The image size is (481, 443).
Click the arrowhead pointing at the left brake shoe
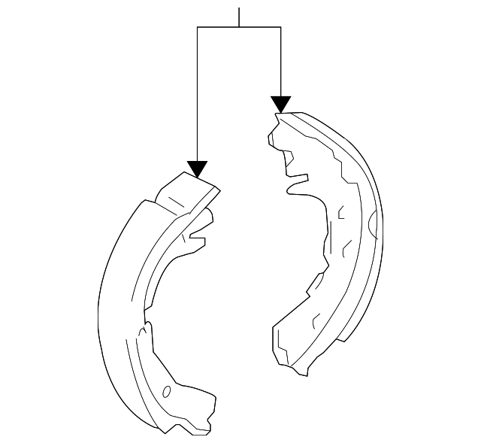point(197,169)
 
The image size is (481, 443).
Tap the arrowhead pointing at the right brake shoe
point(280,105)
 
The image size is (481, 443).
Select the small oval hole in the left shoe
point(167,392)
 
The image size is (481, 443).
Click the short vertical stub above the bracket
point(239,17)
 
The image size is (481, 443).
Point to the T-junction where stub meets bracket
point(239,27)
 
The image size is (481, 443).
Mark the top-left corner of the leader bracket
point(197,27)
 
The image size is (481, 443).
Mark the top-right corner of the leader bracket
point(280,27)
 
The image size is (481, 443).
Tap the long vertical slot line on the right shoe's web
point(329,238)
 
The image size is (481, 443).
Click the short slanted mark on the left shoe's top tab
point(176,201)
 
